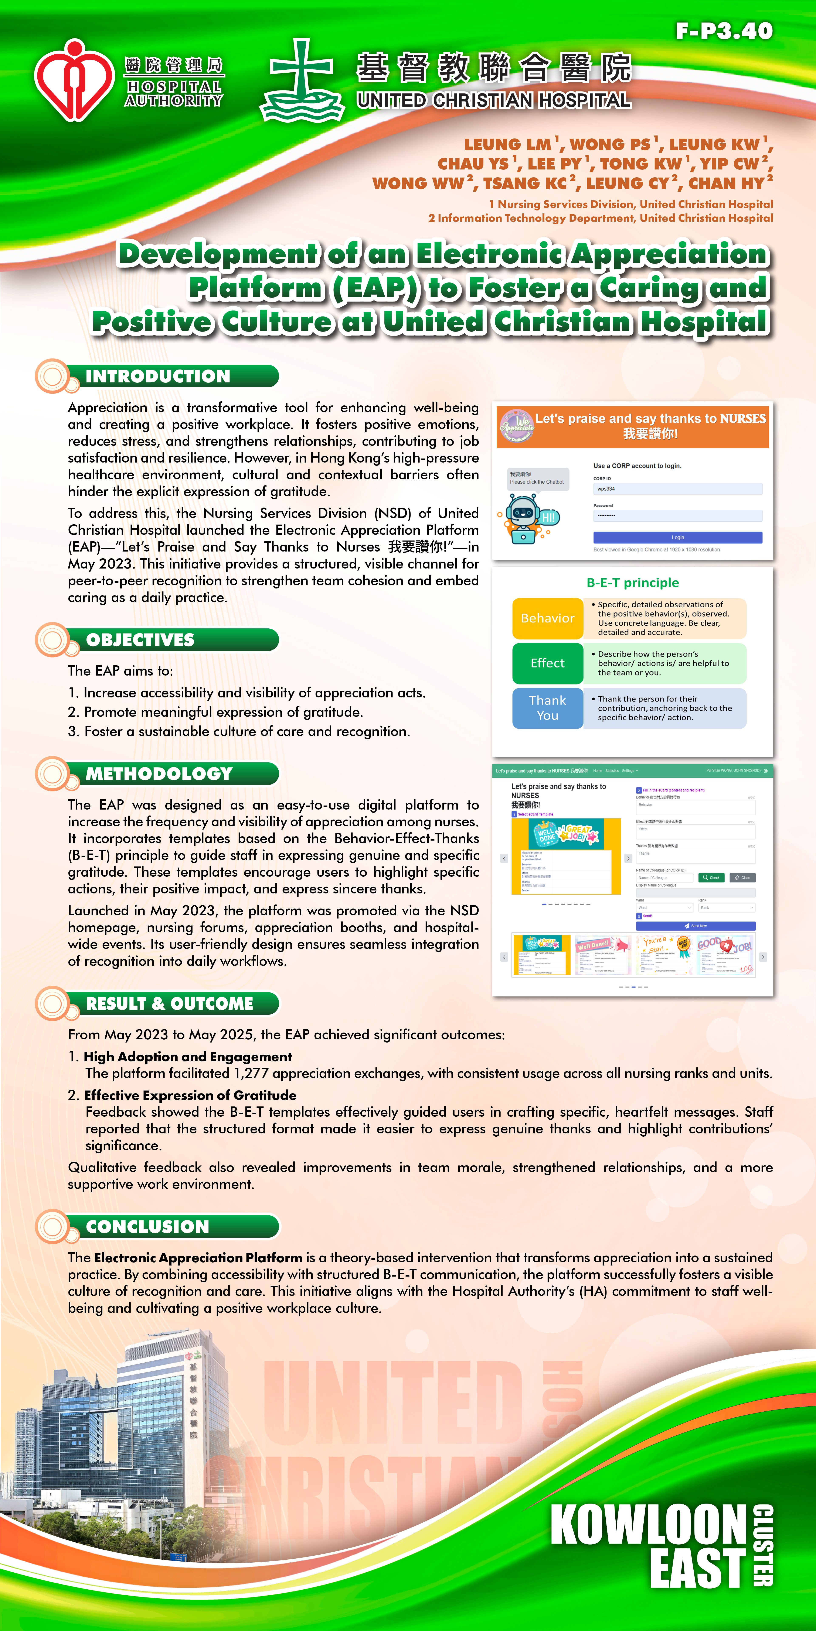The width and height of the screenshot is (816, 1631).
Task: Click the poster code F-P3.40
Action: (x=724, y=30)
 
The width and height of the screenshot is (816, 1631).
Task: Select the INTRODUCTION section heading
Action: (x=158, y=376)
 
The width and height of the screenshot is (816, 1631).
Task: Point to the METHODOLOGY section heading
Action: (x=159, y=774)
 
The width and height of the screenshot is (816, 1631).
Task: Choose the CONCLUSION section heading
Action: (x=148, y=1226)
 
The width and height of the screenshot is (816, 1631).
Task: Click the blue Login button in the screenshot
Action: (x=677, y=537)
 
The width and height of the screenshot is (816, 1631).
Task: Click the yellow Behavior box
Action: (x=547, y=618)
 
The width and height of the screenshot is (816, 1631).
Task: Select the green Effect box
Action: (x=547, y=663)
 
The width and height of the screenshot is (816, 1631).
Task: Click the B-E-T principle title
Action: (x=632, y=583)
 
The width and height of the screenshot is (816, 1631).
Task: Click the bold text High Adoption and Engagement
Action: (x=187, y=1057)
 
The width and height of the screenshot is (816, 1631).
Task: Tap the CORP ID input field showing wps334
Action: (x=677, y=489)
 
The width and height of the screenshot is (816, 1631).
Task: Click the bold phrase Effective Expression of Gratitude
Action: (x=190, y=1095)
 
